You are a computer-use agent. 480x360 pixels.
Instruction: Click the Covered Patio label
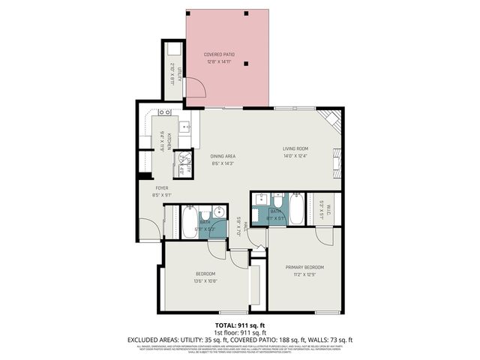coord(218,54)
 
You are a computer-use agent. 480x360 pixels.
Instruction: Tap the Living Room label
coord(295,148)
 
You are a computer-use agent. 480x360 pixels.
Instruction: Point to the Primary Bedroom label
coord(304,267)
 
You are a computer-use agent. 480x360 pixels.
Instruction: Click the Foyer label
coord(161,187)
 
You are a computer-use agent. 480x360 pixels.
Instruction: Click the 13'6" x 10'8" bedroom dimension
coord(205,281)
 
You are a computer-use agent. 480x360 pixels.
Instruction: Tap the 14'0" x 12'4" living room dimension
coord(295,157)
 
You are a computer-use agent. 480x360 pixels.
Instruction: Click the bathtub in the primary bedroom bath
coord(296,210)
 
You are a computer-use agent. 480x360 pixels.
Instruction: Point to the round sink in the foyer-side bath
coord(218,213)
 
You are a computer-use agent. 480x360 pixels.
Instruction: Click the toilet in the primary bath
coord(277,202)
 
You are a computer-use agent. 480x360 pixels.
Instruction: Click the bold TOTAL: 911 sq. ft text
coord(239,324)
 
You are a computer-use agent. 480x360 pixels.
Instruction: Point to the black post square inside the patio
coord(247,62)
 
